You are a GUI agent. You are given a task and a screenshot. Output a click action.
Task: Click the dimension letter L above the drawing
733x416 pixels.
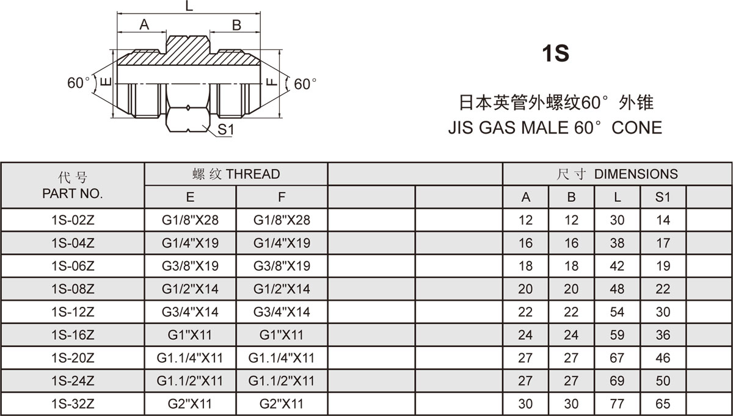tap(189, 6)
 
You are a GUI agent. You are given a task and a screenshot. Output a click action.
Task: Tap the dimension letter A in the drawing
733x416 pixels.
tap(144, 24)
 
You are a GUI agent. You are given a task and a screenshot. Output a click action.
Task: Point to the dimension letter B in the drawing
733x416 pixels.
tap(236, 25)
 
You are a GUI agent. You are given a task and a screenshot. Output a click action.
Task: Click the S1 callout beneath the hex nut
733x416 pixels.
tap(226, 129)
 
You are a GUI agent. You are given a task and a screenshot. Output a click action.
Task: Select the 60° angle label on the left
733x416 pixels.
tap(79, 83)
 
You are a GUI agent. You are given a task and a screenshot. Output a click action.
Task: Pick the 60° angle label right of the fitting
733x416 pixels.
tap(305, 84)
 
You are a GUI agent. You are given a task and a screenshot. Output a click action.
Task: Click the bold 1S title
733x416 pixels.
tap(556, 53)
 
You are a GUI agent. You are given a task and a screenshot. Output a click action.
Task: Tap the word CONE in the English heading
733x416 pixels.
tap(636, 127)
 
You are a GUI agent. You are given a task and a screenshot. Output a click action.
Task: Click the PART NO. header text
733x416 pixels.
tap(72, 194)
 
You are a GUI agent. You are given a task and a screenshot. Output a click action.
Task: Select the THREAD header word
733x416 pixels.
tap(253, 174)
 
